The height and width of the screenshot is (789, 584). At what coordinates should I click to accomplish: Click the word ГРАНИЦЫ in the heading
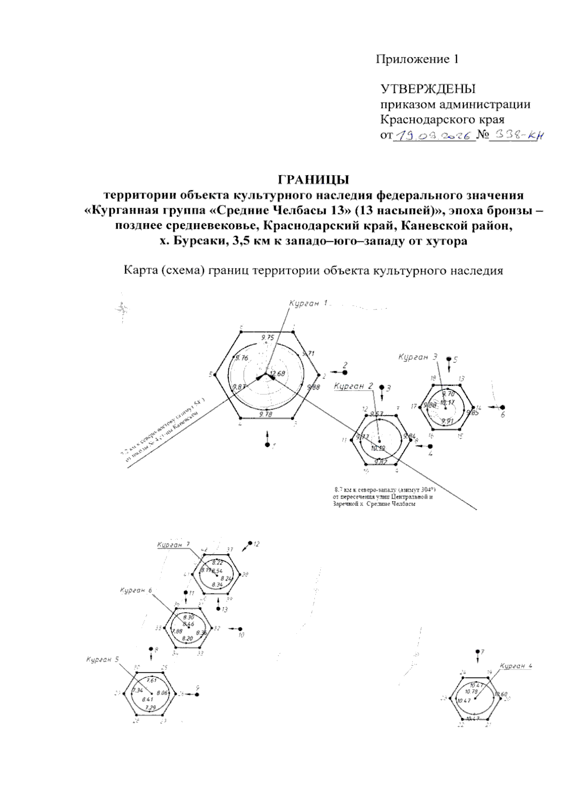(x=313, y=180)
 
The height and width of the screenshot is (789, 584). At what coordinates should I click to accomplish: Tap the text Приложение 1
(x=417, y=59)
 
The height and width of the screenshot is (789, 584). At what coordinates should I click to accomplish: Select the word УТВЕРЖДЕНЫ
(x=428, y=89)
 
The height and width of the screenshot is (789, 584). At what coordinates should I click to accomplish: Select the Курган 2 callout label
(x=353, y=386)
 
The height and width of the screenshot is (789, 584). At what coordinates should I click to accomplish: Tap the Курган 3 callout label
(x=418, y=357)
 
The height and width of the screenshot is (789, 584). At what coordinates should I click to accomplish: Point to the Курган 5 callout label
(x=102, y=660)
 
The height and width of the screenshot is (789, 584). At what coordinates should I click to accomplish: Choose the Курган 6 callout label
(x=136, y=591)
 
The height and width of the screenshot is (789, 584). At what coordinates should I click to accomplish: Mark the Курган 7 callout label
(x=173, y=545)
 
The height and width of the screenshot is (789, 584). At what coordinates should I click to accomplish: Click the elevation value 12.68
(x=277, y=374)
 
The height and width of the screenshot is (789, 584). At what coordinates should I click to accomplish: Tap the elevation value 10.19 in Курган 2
(x=378, y=448)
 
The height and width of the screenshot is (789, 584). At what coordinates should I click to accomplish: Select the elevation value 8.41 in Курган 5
(x=147, y=699)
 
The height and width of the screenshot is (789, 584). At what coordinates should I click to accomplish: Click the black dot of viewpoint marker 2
(x=345, y=372)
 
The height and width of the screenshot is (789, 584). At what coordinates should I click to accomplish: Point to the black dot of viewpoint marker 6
(x=502, y=407)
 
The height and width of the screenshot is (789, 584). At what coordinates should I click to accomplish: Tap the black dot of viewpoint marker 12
(x=251, y=542)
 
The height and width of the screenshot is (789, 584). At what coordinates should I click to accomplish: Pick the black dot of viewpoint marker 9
(x=197, y=694)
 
